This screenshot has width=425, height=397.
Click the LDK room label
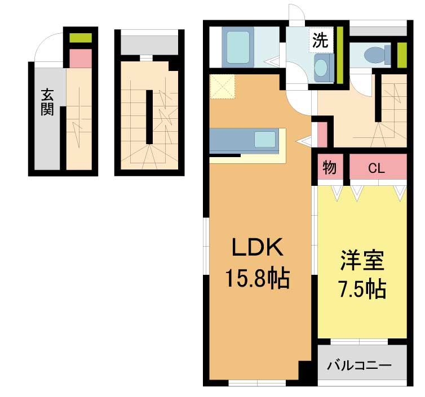(x=258, y=247)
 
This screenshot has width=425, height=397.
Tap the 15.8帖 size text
(x=258, y=278)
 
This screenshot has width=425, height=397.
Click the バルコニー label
(x=360, y=366)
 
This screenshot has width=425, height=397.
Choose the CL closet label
(x=377, y=169)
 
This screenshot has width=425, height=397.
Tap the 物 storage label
(x=330, y=168)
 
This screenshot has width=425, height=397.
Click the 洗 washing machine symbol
(x=321, y=41)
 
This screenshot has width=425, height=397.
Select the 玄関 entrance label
(x=47, y=102)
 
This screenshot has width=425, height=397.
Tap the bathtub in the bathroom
(x=238, y=47)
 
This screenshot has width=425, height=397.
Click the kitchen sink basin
(x=265, y=140)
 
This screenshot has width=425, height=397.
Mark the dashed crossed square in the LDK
(x=222, y=87)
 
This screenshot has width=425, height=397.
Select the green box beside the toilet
(x=402, y=55)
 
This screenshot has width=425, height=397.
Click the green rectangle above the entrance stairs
(x=81, y=38)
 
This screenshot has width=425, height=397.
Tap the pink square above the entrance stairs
(x=81, y=59)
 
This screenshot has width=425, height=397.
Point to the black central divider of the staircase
(x=149, y=117)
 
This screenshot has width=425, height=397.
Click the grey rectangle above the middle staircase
(x=149, y=45)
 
